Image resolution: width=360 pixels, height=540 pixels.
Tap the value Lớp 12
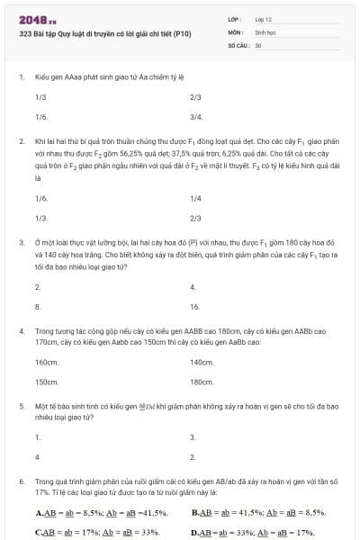(x=264, y=18)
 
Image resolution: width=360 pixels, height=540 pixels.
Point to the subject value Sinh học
(x=265, y=31)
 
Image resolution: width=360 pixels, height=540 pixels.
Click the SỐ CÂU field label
(x=237, y=43)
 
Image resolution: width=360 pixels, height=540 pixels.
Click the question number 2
(x=21, y=141)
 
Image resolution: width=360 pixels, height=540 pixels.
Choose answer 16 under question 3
(x=194, y=307)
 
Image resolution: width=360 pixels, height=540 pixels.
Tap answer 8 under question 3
(x=38, y=307)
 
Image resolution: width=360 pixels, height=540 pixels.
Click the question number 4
(x=21, y=331)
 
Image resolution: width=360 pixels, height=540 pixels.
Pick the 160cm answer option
(x=47, y=362)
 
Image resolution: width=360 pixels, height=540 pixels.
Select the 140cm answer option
(x=202, y=362)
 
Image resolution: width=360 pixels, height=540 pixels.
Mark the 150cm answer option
(x=47, y=382)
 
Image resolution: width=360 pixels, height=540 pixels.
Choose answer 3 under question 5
(x=193, y=436)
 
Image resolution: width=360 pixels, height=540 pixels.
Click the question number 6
(x=21, y=481)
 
